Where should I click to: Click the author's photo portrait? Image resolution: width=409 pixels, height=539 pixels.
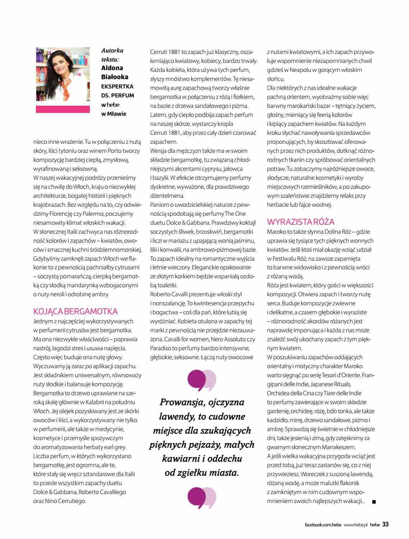(63, 74)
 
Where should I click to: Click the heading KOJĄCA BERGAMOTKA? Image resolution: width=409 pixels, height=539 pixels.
(75, 311)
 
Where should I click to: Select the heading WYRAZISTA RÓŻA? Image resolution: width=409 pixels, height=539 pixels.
(301, 221)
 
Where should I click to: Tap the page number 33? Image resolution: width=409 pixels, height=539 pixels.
(385, 524)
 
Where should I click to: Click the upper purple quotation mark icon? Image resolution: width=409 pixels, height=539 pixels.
(202, 380)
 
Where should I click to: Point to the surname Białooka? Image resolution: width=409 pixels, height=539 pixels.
(115, 77)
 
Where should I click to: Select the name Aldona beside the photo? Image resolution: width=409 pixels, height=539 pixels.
(112, 68)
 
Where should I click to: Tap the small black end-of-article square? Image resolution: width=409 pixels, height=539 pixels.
(374, 502)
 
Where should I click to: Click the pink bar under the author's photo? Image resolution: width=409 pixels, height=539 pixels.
(63, 109)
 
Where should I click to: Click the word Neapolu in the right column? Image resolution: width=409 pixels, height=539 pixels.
(301, 70)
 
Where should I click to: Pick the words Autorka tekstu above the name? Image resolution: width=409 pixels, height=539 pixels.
(112, 55)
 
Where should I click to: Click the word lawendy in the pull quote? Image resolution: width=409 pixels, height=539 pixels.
(173, 416)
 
